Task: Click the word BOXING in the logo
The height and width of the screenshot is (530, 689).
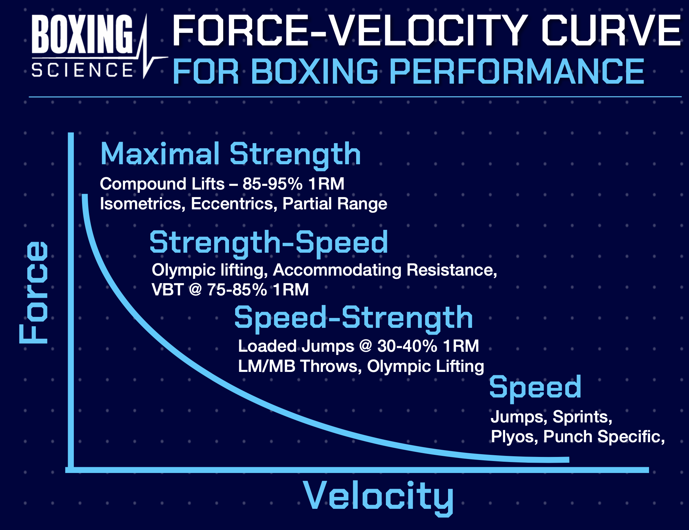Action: click(x=82, y=34)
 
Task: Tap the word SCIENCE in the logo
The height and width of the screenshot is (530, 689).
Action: click(x=82, y=70)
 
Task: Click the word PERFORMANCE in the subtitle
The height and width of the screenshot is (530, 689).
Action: click(x=516, y=72)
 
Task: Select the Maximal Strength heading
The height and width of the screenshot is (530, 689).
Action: click(x=230, y=154)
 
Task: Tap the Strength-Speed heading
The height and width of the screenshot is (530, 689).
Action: click(x=269, y=242)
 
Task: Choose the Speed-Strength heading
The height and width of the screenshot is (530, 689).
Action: click(x=353, y=318)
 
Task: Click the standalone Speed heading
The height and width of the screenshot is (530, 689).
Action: click(x=535, y=387)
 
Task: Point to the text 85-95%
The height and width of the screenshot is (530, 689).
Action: click(x=272, y=184)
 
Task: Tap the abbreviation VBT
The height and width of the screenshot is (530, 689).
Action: click(x=168, y=290)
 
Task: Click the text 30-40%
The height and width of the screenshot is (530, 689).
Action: click(x=407, y=346)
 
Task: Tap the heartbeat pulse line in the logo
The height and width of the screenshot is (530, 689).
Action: click(x=149, y=55)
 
